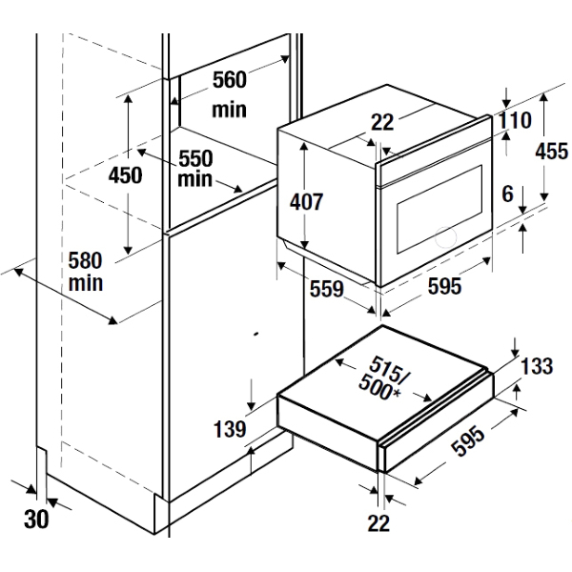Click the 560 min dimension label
tap(229, 93)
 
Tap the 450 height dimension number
tap(125, 175)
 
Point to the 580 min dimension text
tap(86, 271)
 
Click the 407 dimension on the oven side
tap(307, 201)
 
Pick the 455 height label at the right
tap(551, 151)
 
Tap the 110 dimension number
tap(514, 121)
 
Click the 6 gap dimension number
tap(507, 194)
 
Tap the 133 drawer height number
tap(537, 367)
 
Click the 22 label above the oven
tap(381, 123)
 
